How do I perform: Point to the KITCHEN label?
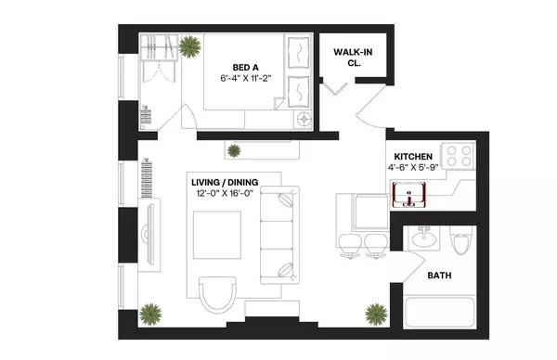pos(412,156)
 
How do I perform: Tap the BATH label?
pos(440,276)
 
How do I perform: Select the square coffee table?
pos(216,237)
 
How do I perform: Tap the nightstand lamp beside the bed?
pos(303,120)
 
